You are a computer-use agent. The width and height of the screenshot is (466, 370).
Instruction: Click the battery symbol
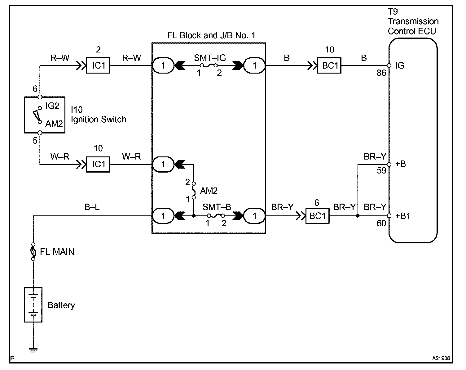(x=33, y=305)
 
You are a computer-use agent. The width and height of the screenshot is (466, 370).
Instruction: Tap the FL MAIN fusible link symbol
(x=33, y=251)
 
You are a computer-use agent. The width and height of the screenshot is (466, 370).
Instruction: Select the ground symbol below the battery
(x=33, y=350)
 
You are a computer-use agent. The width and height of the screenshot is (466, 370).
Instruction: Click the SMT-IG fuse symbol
(x=209, y=65)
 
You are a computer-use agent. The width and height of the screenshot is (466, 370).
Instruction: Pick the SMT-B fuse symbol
(x=216, y=215)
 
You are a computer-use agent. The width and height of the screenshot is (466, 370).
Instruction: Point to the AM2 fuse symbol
(x=194, y=190)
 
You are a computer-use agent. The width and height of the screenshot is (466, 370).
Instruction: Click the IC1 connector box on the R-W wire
(x=98, y=65)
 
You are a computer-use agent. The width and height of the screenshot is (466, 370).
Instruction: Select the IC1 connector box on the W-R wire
(x=98, y=164)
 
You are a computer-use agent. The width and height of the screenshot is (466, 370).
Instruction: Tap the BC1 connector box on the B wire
(x=329, y=65)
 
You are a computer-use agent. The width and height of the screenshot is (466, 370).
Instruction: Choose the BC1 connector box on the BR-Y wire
(x=318, y=215)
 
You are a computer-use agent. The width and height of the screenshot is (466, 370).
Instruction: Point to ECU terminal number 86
(x=381, y=73)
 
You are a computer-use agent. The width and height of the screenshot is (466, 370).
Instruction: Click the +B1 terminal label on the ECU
(x=403, y=216)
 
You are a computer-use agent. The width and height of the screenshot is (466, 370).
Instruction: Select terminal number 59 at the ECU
(x=381, y=171)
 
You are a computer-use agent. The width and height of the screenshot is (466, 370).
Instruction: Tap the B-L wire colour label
(x=92, y=207)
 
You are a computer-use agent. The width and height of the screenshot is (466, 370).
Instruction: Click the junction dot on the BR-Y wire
(x=358, y=216)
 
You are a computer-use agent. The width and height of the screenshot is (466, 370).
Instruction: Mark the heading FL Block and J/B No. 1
(x=211, y=35)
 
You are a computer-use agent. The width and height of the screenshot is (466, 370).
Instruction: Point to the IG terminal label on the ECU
(x=400, y=66)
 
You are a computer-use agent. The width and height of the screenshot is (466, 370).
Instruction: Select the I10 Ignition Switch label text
(x=98, y=115)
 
